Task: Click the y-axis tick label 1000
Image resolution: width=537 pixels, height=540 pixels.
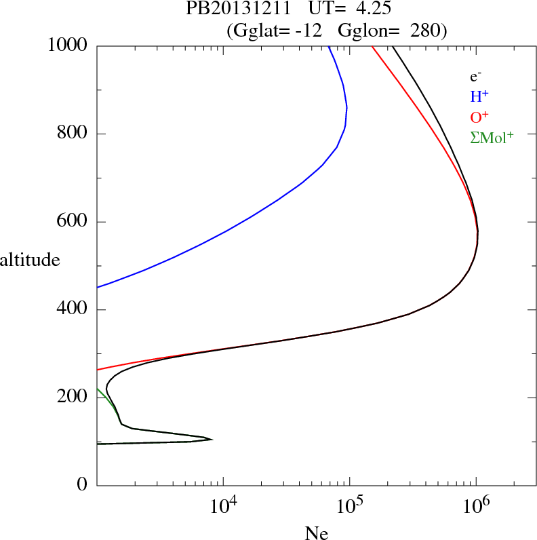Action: (68, 45)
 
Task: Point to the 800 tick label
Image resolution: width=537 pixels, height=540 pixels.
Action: (73, 134)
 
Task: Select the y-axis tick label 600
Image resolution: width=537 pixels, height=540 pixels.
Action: (73, 222)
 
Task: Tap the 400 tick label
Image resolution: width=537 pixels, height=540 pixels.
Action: (73, 310)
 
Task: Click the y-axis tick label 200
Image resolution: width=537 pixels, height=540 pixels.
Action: (73, 398)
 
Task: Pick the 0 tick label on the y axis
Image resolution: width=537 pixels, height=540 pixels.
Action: (83, 485)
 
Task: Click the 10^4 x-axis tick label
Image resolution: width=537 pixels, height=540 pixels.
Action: (224, 505)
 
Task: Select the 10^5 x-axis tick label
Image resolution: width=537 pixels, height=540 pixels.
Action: (350, 505)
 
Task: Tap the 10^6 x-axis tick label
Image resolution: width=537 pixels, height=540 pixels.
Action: (476, 505)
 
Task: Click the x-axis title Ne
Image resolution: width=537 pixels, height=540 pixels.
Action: (317, 533)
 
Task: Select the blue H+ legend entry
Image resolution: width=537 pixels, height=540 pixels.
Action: (480, 96)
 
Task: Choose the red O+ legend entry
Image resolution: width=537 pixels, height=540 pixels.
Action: (480, 117)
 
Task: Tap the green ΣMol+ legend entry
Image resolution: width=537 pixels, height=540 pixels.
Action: (492, 137)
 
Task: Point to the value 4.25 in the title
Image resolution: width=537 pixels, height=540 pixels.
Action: (374, 9)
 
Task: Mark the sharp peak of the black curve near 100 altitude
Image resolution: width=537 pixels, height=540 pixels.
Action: (212, 439)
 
